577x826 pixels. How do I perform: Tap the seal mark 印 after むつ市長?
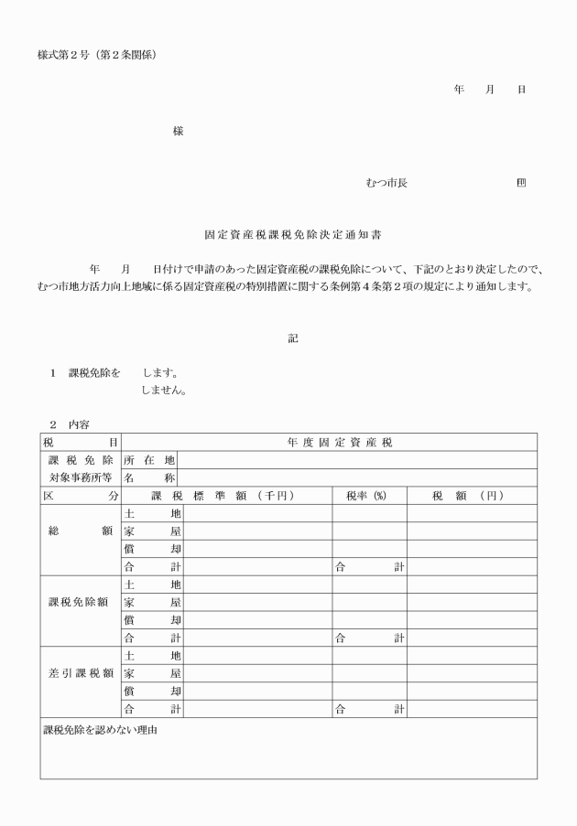pyautogui.click(x=521, y=183)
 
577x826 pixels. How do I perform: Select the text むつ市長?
pyautogui.click(x=386, y=183)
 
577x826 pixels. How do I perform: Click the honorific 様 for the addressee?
pyautogui.click(x=178, y=131)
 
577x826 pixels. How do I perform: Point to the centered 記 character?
pyautogui.click(x=293, y=337)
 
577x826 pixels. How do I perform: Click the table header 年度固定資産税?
pyautogui.click(x=331, y=443)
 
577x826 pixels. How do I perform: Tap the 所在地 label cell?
pyautogui.click(x=150, y=460)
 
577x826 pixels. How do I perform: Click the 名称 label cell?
pyautogui.click(x=150, y=477)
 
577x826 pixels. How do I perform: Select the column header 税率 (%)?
pyautogui.click(x=368, y=495)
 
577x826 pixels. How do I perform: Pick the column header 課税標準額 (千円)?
pyautogui.click(x=227, y=495)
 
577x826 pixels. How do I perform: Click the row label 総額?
pyautogui.click(x=81, y=531)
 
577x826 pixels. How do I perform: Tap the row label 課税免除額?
pyautogui.click(x=81, y=602)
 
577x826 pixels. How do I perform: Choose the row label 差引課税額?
pyautogui.click(x=81, y=673)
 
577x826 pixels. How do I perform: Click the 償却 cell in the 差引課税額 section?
pyautogui.click(x=152, y=691)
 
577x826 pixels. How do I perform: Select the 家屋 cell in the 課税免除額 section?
pyautogui.click(x=152, y=602)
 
